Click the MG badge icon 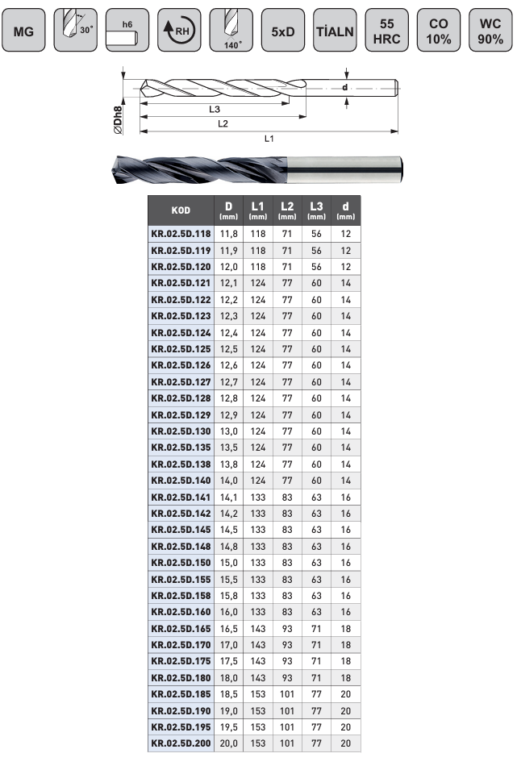[23, 30]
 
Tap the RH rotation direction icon [179, 30]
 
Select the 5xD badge [283, 30]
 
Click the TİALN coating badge [335, 30]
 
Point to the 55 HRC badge [387, 30]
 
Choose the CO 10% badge [439, 30]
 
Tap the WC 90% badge [490, 30]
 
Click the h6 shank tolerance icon [127, 30]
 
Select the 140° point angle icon [231, 30]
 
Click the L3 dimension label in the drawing [215, 110]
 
